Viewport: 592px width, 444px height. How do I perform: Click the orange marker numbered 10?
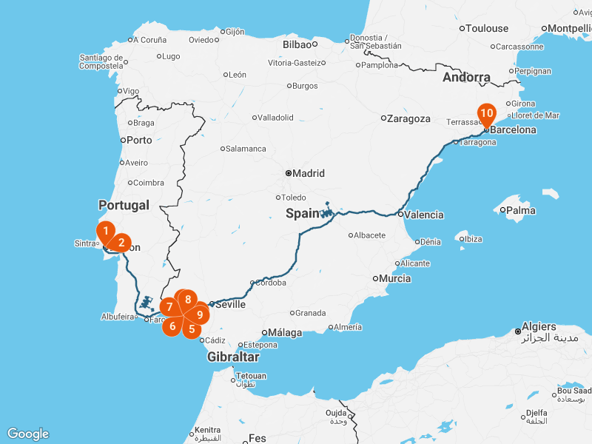(486, 114)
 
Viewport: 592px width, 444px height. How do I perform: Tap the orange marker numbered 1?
(106, 231)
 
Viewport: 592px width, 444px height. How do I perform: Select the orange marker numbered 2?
(121, 242)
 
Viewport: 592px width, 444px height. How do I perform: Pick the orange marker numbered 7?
(169, 306)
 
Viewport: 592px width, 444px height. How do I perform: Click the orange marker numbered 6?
(172, 326)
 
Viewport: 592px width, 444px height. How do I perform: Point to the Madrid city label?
(309, 173)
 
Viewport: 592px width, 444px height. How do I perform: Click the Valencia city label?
(425, 215)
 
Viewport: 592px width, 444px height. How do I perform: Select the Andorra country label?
(466, 77)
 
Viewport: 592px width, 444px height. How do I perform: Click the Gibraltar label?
(233, 357)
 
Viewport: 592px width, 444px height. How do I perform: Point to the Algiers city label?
(538, 326)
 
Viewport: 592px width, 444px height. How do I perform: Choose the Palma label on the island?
(521, 210)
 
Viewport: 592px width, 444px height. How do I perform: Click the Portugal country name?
(124, 205)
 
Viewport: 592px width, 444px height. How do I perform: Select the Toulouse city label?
(488, 28)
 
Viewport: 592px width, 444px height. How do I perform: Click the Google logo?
(27, 434)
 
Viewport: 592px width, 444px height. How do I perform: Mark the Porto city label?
(139, 140)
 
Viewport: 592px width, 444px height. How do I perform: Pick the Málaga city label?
(286, 333)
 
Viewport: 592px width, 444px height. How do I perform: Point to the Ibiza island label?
(474, 238)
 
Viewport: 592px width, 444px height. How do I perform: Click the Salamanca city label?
(246, 149)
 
